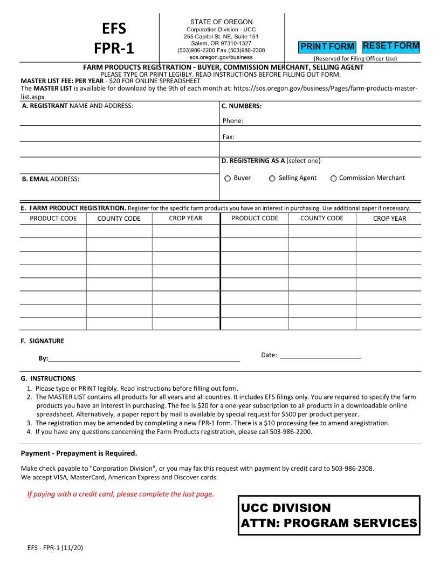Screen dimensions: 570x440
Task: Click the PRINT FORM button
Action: [327, 47]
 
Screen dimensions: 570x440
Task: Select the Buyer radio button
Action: [228, 179]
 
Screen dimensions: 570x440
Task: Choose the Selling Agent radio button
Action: [272, 179]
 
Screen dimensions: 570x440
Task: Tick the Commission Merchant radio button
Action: [333, 179]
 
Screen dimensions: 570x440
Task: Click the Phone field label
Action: [232, 121]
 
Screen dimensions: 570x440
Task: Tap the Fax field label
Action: [228, 137]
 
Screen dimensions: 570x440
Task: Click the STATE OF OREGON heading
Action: [222, 22]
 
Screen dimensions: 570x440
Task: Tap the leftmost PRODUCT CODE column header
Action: [53, 219]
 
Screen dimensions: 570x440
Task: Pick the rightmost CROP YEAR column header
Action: [389, 219]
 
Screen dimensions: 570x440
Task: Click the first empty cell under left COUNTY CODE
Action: [119, 231]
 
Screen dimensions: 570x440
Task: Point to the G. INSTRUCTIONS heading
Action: [48, 378]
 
